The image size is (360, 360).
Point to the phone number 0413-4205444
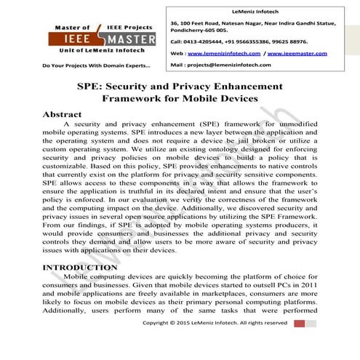[x=200, y=42]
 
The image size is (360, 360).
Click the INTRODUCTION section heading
[x=79, y=268]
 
